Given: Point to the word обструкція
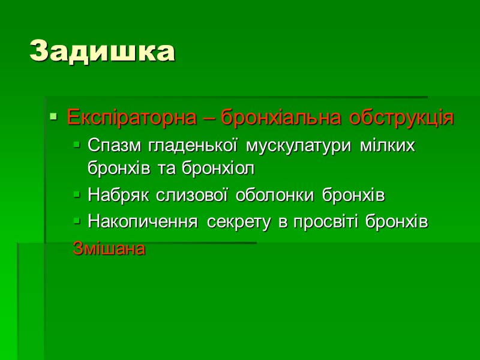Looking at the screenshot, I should [397, 118].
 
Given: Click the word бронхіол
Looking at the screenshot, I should [224, 169].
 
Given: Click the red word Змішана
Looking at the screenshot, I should [109, 248].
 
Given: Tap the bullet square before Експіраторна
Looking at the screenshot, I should [53, 117].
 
